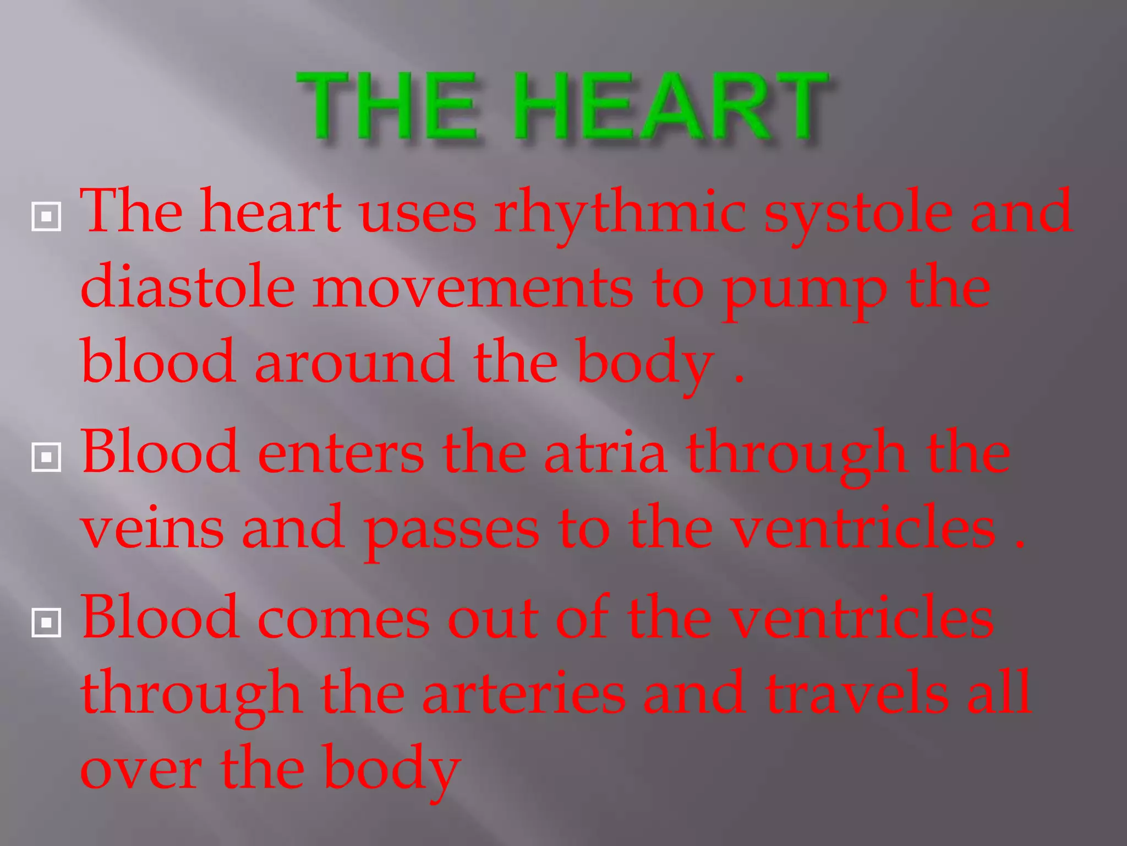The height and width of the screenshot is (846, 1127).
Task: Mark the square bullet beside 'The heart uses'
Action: [46, 217]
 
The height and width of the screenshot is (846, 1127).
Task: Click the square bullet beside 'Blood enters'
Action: [46, 457]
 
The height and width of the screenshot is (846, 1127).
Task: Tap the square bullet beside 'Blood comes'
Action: [46, 622]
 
